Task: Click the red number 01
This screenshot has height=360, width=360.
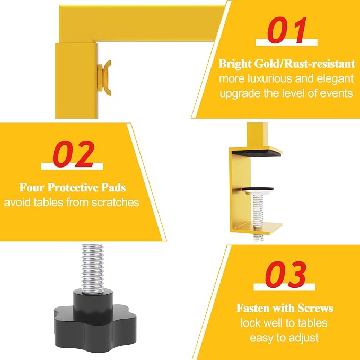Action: click(287, 30)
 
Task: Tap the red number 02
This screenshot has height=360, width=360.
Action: click(74, 154)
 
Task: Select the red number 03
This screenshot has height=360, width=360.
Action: click(286, 274)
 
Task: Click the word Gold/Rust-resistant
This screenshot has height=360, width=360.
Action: click(305, 64)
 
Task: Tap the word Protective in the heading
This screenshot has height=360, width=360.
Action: click(73, 187)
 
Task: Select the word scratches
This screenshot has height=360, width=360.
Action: click(116, 203)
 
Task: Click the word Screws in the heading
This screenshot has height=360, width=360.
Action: click(315, 308)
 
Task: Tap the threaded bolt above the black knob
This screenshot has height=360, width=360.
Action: click(93, 269)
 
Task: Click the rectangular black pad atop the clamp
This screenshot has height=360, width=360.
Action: click(256, 153)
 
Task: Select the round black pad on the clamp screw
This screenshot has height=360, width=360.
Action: click(257, 189)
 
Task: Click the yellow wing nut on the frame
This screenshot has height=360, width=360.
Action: click(106, 78)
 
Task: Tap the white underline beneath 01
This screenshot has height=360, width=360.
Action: click(286, 42)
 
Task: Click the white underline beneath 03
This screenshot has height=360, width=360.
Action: click(285, 287)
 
